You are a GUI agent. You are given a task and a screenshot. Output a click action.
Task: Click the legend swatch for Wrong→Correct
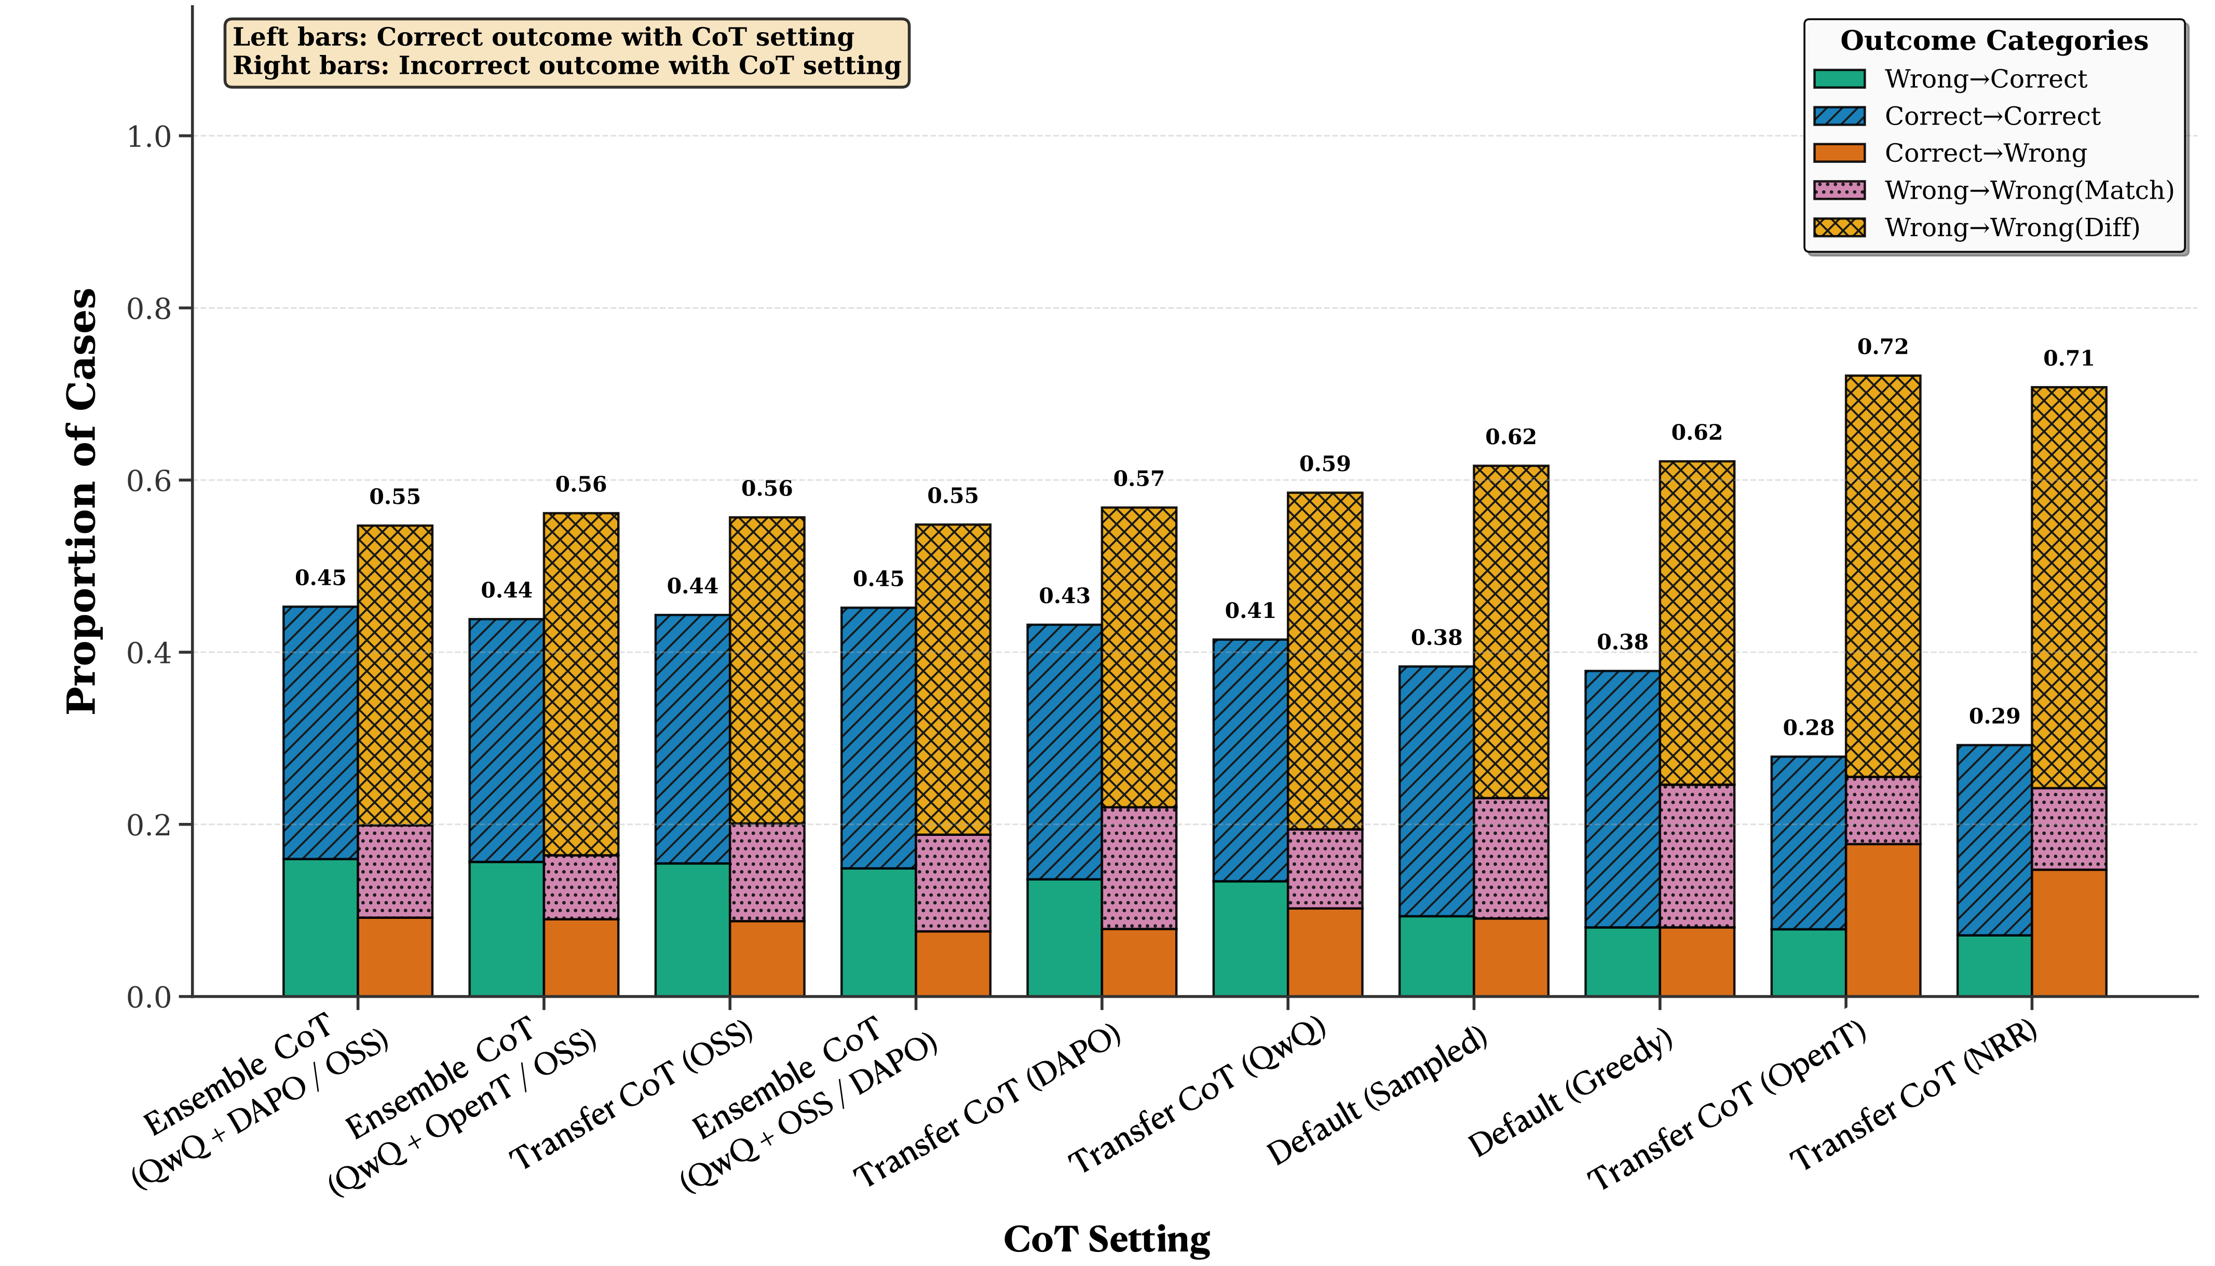click(1839, 79)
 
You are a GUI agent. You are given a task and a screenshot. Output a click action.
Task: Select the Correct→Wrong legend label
click(1986, 154)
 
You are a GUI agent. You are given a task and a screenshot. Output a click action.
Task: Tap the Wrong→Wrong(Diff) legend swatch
click(1839, 228)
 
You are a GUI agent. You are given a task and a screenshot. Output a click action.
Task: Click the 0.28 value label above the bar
click(1808, 728)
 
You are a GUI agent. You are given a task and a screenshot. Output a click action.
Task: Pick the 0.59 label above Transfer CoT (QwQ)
click(1324, 464)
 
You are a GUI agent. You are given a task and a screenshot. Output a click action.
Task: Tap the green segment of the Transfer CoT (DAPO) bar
click(1065, 938)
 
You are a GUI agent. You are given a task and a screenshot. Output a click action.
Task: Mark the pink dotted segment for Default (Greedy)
click(1697, 857)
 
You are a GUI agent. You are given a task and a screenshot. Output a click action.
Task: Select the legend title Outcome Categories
click(1993, 41)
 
